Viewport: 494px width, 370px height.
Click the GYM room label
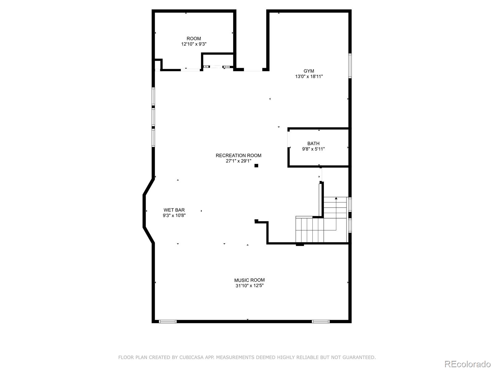(x=309, y=71)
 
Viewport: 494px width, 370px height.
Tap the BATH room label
(x=313, y=143)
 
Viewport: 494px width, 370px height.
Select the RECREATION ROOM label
(x=238, y=155)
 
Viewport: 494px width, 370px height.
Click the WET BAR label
(x=174, y=210)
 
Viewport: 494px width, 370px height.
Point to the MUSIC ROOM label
(x=249, y=280)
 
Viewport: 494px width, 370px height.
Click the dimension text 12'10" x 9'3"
(x=194, y=44)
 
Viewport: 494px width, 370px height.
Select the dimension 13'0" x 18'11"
(x=309, y=76)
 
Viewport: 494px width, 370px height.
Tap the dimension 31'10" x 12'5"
(x=249, y=286)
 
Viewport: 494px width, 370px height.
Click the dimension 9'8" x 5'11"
(x=313, y=149)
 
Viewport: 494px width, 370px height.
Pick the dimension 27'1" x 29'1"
(x=238, y=161)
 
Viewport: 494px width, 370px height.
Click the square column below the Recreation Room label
(x=256, y=166)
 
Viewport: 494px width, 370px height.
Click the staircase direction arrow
(x=336, y=199)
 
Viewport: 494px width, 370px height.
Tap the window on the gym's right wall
(x=350, y=66)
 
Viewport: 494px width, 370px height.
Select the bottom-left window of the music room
(x=168, y=322)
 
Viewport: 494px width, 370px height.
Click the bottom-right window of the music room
(x=320, y=322)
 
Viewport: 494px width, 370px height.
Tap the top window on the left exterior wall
(x=153, y=97)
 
